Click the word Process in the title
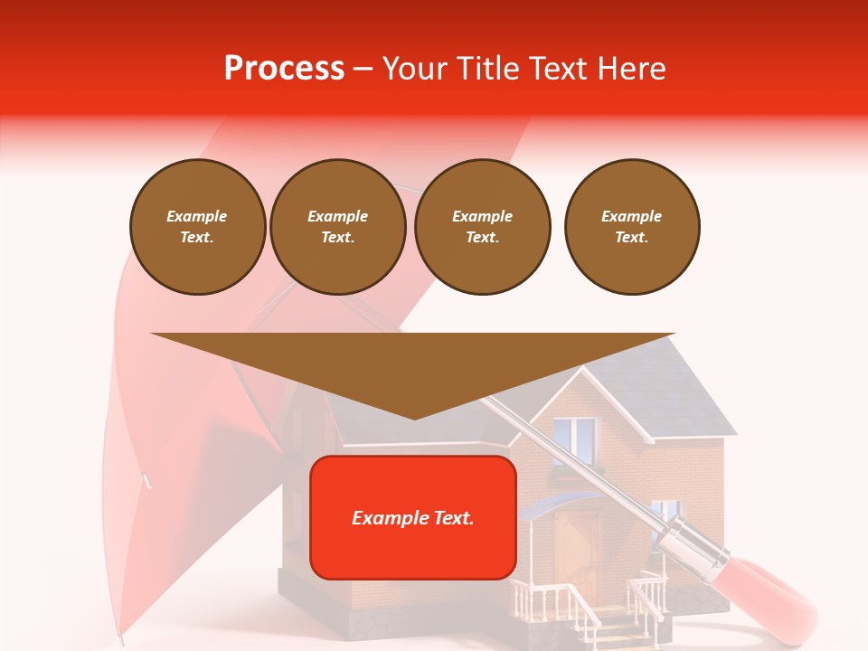coord(284,68)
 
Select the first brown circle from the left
coord(197,227)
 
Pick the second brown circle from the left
coord(337,227)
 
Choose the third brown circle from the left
coord(482,227)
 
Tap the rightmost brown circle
coord(631,227)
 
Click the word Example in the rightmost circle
coord(631,216)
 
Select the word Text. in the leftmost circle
coord(197,238)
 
